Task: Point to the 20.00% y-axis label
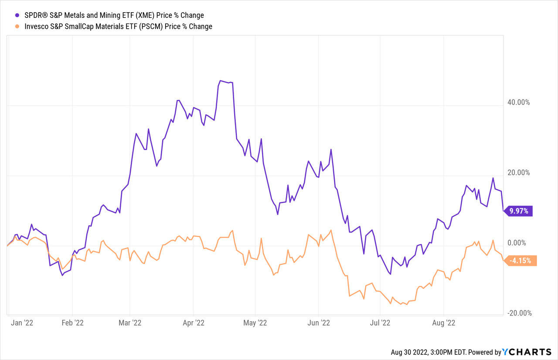517,172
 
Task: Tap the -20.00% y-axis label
517,313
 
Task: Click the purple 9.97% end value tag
519,211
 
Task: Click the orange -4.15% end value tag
521,261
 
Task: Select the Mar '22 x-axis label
130,323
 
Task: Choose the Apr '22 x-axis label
193,323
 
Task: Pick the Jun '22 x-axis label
319,323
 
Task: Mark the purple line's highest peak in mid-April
221,81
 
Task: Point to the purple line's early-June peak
331,149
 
